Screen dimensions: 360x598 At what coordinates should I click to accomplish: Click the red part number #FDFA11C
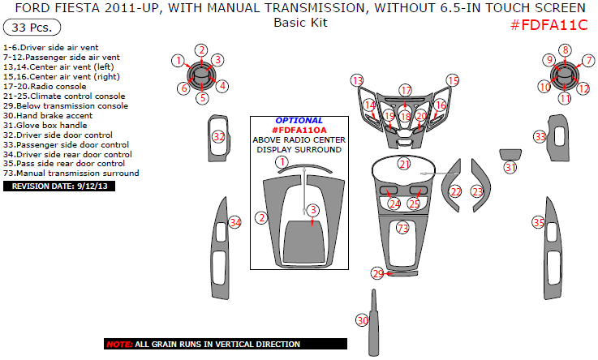[x=549, y=24]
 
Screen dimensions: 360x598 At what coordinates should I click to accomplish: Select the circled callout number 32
[x=218, y=137]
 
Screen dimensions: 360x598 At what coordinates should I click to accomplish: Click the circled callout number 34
[x=235, y=222]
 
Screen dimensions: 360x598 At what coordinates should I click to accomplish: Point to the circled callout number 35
[x=538, y=222]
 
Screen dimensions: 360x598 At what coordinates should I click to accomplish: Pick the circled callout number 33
[x=540, y=137]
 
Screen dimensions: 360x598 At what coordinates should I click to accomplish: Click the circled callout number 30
[x=363, y=321]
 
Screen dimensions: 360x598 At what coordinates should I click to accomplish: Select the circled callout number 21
[x=403, y=164]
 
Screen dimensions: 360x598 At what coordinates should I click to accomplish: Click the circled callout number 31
[x=510, y=167]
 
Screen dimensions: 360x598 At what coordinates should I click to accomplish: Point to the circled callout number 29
[x=377, y=273]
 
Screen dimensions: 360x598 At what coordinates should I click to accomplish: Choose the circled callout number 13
[x=357, y=80]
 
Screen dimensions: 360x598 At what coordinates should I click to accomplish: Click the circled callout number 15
[x=453, y=80]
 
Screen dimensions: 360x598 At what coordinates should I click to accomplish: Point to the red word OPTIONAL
[x=299, y=120]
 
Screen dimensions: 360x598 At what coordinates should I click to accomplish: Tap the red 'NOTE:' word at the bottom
[x=119, y=345]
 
